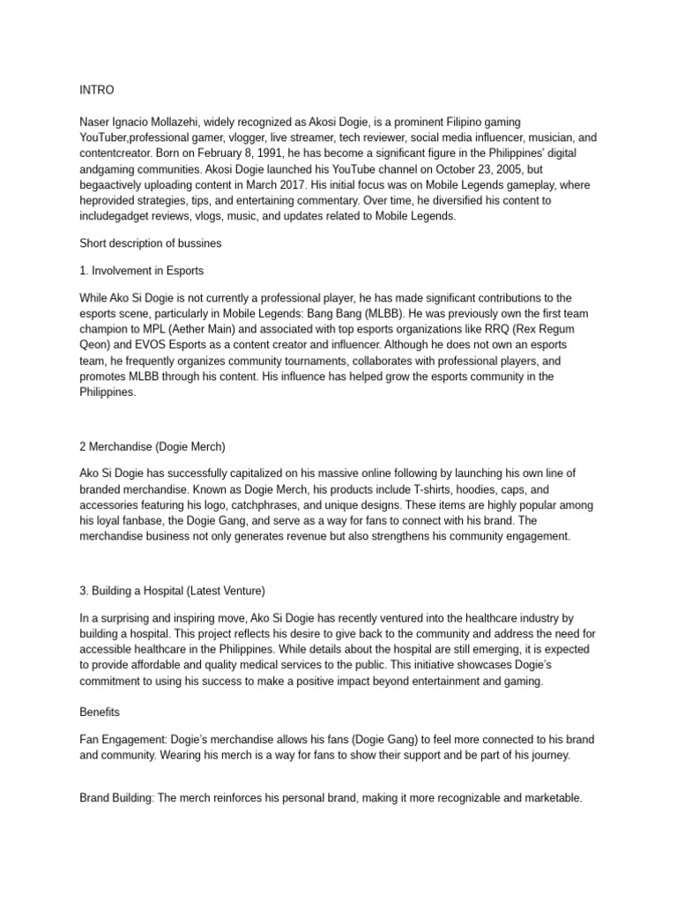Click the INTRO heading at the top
pos(96,90)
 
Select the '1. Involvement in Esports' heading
pos(142,271)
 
